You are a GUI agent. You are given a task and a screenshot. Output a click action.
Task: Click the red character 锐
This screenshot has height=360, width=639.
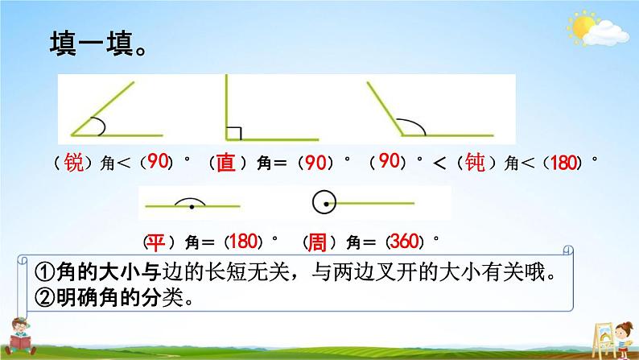coord(74,163)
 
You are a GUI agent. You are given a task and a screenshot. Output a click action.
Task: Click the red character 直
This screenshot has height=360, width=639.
coord(226,163)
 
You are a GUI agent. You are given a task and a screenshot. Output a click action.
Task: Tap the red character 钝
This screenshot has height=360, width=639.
coord(475,162)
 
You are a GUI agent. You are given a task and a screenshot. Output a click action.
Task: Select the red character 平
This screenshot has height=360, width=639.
coord(155,242)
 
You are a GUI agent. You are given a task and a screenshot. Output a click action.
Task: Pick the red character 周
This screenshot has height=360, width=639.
coord(316,242)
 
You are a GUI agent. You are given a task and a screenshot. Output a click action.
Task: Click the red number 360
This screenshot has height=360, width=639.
coord(405,242)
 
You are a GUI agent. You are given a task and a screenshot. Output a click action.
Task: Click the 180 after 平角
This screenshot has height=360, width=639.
coord(243,242)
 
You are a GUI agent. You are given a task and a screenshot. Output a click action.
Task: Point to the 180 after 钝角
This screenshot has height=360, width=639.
coord(564,162)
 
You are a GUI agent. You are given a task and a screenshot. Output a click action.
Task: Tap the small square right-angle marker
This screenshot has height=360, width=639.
coord(234,134)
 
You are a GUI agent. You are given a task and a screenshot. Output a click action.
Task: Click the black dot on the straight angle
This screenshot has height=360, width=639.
coord(192,207)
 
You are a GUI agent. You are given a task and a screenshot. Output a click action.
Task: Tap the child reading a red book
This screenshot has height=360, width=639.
coord(19,336)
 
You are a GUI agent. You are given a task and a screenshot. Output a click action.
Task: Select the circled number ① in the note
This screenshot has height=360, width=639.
coord(45,272)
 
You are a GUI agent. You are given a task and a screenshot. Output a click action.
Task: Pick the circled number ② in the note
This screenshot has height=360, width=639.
coord(45,298)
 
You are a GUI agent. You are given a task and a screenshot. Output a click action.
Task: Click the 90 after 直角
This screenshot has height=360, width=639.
coord(315,162)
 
